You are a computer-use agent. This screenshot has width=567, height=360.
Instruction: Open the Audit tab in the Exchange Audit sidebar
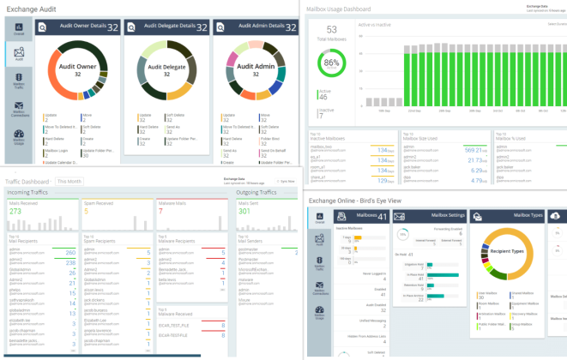pos(18,53)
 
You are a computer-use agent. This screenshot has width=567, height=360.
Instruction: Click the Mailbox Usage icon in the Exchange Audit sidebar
pos(18,137)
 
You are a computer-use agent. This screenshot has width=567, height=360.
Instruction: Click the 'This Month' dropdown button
pos(69,182)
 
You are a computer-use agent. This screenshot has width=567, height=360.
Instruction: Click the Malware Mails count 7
pos(160,211)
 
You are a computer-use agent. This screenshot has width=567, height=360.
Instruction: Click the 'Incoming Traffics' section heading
pos(28,193)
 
